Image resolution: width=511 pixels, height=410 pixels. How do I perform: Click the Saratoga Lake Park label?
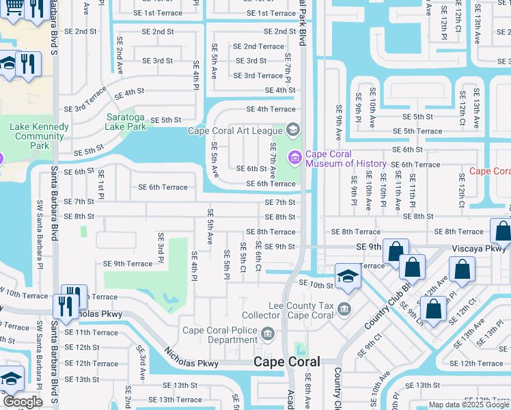126,122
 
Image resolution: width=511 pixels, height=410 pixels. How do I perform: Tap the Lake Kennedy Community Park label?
40,136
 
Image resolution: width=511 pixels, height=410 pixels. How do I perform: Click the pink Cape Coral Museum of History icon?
295,159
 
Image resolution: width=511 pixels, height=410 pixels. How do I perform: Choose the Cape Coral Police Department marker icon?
268,334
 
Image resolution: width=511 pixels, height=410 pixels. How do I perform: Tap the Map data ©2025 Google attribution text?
468,405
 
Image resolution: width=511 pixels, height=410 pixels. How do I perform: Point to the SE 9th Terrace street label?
128,263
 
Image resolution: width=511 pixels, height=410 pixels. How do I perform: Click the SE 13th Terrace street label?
171,400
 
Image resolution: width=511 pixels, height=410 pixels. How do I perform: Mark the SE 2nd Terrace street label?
258,46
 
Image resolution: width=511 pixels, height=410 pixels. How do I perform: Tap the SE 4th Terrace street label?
271,109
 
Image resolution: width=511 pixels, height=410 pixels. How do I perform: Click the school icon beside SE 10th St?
348,277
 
